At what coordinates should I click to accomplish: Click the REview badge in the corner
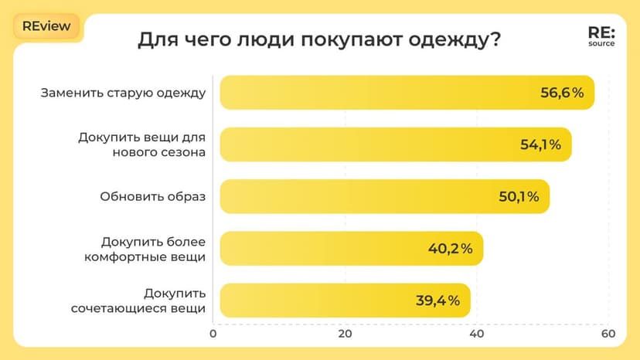click(46, 25)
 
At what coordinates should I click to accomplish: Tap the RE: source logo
click(601, 38)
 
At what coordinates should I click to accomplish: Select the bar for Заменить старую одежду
click(407, 93)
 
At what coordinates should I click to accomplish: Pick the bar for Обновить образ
click(384, 196)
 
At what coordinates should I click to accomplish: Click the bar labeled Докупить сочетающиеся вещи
click(345, 300)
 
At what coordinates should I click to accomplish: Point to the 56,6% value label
click(561, 93)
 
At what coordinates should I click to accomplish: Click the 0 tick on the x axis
click(213, 335)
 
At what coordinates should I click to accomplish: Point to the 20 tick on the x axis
click(345, 335)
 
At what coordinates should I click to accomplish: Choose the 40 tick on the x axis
click(477, 335)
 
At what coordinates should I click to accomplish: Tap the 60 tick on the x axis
click(608, 335)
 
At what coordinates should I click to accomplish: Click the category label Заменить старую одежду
click(123, 93)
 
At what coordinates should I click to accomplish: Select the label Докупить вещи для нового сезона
click(141, 144)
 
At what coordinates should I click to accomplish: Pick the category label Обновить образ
click(152, 196)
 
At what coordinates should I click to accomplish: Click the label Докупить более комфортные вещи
click(145, 249)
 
